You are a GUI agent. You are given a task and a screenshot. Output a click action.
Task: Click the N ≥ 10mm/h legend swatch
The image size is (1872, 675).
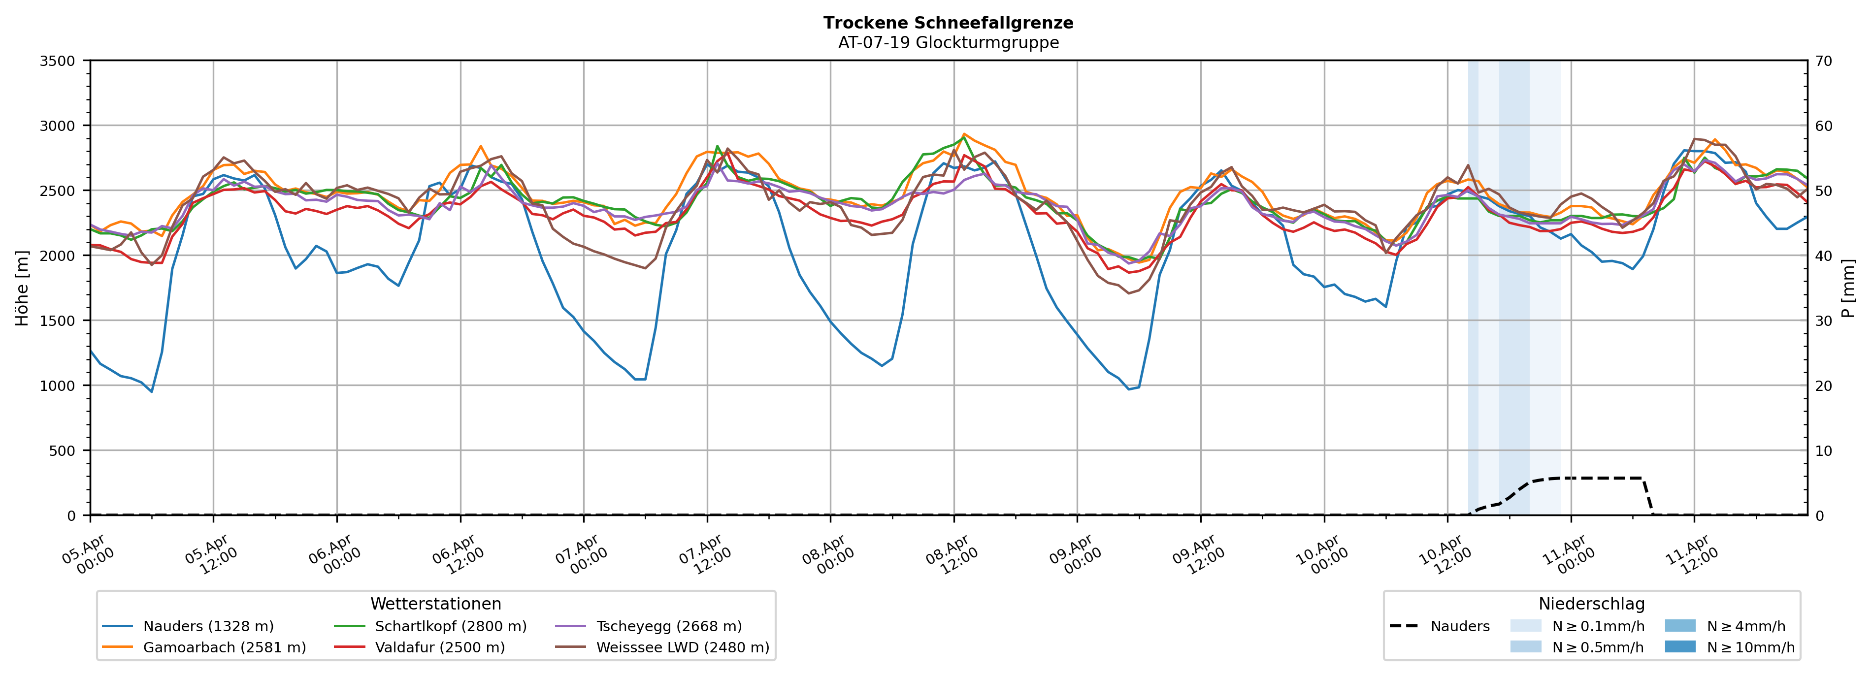click(x=1679, y=646)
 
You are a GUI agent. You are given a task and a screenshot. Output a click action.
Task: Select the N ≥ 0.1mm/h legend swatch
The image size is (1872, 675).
click(x=1525, y=626)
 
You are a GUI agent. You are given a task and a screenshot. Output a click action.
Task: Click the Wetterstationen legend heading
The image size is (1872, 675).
click(x=435, y=604)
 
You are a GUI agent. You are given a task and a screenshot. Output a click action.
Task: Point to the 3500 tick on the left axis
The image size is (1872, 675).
click(x=58, y=61)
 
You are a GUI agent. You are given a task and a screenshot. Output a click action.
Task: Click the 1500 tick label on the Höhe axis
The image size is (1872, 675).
click(x=58, y=321)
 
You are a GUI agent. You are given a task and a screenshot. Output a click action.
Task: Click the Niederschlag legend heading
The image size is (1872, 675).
click(x=1591, y=604)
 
